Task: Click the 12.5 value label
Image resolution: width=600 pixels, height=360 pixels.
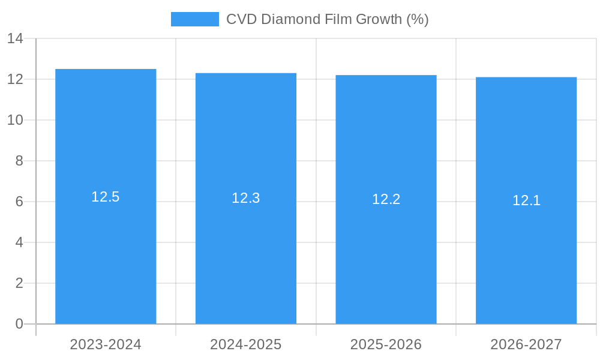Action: [106, 197]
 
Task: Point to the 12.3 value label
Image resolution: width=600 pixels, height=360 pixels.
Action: [246, 198]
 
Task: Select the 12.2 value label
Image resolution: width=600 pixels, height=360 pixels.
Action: [386, 199]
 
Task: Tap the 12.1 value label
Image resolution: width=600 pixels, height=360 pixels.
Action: [526, 200]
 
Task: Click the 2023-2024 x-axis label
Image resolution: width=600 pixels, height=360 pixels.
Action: [106, 344]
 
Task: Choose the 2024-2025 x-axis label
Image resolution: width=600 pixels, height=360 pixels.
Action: [246, 344]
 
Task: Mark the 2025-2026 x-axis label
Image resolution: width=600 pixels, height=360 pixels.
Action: [386, 344]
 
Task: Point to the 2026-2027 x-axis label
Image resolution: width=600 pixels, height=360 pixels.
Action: [526, 344]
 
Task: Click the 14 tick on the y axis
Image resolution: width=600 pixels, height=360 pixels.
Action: [15, 39]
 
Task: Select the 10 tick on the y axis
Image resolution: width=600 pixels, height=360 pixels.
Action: [15, 120]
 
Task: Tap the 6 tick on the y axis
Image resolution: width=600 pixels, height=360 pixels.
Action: [19, 202]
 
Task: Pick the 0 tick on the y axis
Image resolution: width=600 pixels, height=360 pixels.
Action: [19, 324]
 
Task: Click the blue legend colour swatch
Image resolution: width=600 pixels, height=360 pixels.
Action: [195, 19]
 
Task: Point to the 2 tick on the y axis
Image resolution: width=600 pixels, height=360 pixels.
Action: [19, 283]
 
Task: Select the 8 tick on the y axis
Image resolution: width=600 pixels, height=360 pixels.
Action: [19, 161]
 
